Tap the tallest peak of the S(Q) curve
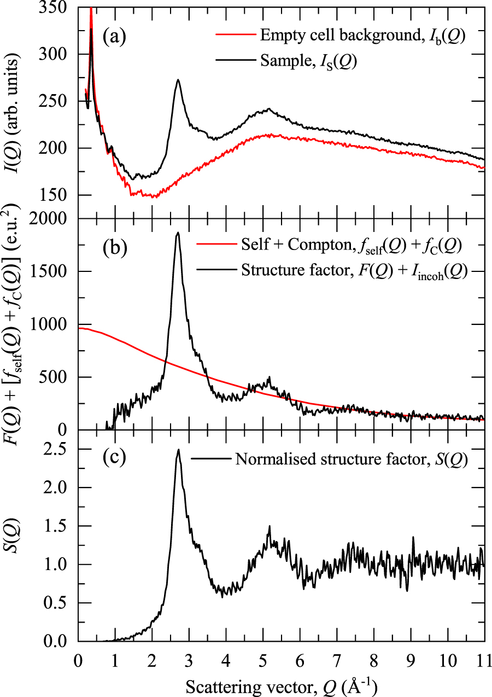click(178, 450)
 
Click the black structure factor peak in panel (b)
click(177, 233)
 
